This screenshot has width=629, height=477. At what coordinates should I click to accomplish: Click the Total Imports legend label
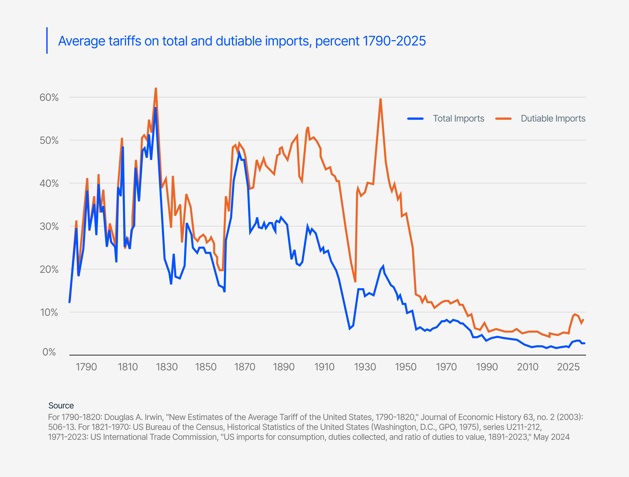(458, 118)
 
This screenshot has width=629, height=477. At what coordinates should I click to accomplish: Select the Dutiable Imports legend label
(553, 118)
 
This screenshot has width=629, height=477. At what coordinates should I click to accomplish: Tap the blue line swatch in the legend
(416, 119)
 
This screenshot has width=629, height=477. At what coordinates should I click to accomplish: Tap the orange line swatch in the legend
(503, 119)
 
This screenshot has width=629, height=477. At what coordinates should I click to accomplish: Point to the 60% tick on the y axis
(49, 98)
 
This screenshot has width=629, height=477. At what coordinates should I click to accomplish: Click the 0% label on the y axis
(49, 352)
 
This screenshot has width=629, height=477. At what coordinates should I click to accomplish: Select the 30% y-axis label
(49, 227)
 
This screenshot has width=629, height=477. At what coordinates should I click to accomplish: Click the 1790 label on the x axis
(86, 367)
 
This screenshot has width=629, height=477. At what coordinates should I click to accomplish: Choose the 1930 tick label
(365, 367)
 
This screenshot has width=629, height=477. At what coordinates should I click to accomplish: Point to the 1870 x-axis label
(244, 367)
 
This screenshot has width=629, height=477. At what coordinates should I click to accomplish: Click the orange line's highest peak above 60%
(156, 88)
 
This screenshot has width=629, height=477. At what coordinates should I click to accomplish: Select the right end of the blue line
(584, 343)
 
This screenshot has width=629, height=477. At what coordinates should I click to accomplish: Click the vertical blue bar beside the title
(47, 40)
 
